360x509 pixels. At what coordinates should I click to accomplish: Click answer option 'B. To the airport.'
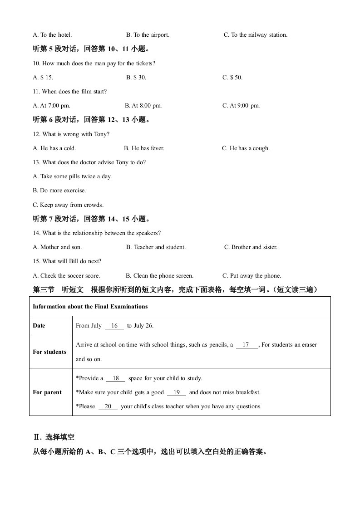148,35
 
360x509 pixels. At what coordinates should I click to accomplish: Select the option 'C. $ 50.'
232,78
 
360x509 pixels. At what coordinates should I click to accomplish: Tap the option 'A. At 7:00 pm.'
51,106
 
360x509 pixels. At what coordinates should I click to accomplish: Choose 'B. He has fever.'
144,148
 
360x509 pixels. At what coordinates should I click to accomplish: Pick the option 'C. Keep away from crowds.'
68,205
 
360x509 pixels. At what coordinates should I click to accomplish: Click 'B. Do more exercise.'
59,191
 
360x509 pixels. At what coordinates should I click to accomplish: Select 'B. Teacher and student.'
156,247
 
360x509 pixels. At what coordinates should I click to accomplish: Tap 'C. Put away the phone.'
252,276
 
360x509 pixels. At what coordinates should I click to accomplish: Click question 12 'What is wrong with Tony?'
71,134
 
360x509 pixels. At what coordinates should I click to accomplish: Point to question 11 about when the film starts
70,92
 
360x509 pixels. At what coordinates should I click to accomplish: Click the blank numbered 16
114,326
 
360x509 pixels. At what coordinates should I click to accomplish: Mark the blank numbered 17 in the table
247,345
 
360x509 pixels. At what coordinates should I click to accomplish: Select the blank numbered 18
115,378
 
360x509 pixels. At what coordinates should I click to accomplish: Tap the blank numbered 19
177,392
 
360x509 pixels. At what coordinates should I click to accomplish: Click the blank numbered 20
108,406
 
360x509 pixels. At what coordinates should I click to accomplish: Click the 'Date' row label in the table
39,326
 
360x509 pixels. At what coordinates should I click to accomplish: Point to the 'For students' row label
49,352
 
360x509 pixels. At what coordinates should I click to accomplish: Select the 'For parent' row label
47,392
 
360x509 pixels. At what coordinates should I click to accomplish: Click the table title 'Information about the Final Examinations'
90,307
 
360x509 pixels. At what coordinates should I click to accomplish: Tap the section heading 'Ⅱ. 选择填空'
54,437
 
